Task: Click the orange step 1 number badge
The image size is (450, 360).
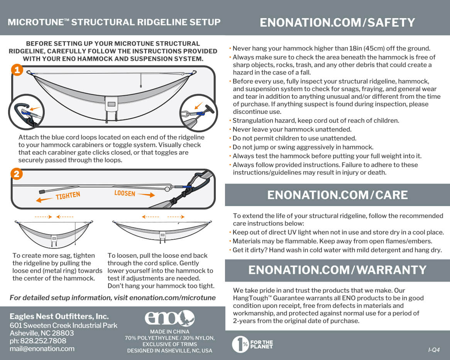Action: [x=17, y=70]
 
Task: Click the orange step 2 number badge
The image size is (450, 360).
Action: [x=17, y=174]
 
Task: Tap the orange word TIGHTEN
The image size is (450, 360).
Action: [x=68, y=196]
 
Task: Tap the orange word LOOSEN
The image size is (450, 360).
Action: [x=125, y=193]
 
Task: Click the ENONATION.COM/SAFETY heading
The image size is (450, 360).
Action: [x=337, y=22]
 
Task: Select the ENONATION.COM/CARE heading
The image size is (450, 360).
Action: [x=337, y=195]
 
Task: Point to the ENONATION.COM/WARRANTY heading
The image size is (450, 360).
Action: [x=337, y=270]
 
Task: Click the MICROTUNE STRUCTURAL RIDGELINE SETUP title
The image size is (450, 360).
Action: [x=114, y=22]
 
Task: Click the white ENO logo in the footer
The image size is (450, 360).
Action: [x=169, y=318]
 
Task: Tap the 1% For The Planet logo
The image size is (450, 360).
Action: [x=252, y=344]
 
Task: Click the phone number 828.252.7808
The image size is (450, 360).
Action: [x=38, y=341]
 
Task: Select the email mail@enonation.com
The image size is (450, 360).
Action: [x=42, y=348]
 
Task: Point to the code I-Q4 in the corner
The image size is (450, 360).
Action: [x=434, y=350]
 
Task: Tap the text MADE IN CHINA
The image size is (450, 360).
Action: [x=169, y=331]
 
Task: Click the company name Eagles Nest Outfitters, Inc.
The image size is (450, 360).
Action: [x=59, y=316]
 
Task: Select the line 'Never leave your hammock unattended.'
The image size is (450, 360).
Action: [x=292, y=129]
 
